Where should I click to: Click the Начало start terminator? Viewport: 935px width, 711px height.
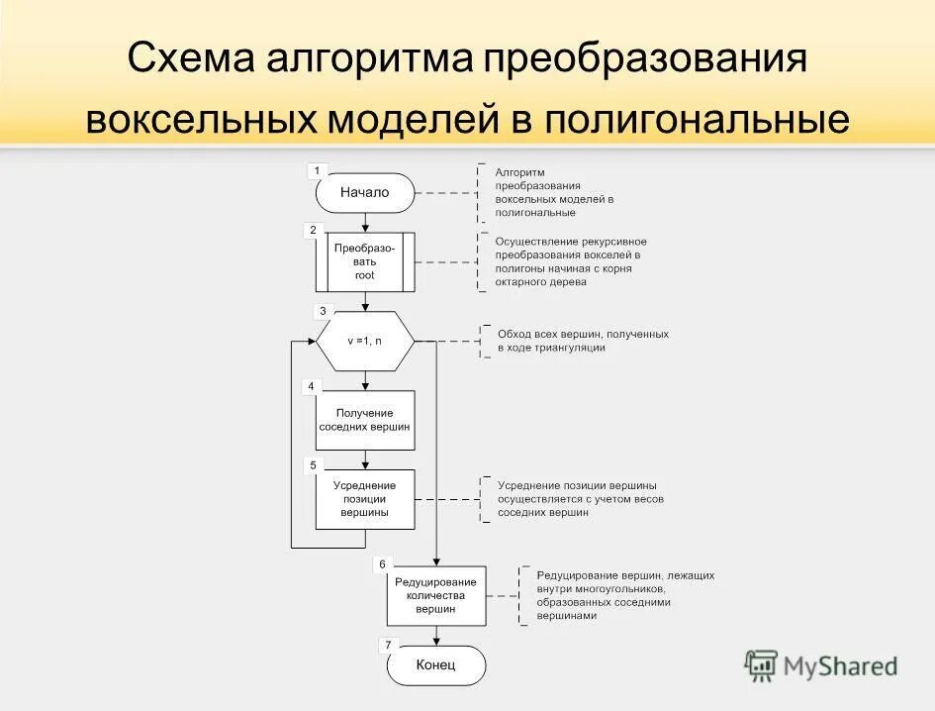[x=365, y=193]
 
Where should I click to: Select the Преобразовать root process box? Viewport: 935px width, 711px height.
[x=365, y=262]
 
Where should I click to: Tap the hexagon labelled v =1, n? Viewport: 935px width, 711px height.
[x=365, y=341]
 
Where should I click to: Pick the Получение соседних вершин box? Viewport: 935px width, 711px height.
[x=365, y=420]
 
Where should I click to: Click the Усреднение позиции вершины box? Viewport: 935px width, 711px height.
[x=365, y=499]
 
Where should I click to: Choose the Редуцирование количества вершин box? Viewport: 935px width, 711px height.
[x=436, y=596]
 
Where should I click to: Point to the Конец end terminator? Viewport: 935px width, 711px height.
[x=436, y=665]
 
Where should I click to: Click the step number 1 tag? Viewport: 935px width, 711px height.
[x=317, y=170]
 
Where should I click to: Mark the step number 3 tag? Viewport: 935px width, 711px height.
[x=323, y=311]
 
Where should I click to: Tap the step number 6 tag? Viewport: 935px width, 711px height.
[x=382, y=564]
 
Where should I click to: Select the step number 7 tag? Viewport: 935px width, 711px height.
[x=388, y=645]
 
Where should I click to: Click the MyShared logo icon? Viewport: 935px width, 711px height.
[x=761, y=665]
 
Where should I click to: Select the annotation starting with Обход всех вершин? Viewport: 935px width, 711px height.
[x=583, y=341]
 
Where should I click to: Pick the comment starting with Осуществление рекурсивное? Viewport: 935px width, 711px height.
[x=571, y=261]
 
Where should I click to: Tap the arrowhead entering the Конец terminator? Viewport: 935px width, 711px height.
[x=436, y=642]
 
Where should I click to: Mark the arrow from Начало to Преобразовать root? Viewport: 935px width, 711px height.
[x=365, y=223]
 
